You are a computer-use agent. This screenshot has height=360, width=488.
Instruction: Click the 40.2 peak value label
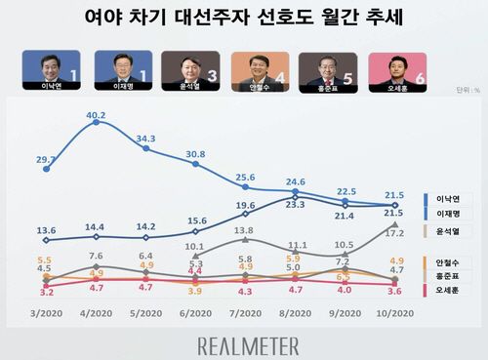point(96,116)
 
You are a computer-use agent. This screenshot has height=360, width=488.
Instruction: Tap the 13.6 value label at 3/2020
point(46,230)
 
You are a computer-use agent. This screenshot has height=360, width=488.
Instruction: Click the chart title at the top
point(243,19)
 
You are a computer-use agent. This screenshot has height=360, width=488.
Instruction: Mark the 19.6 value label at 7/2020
point(244,206)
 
